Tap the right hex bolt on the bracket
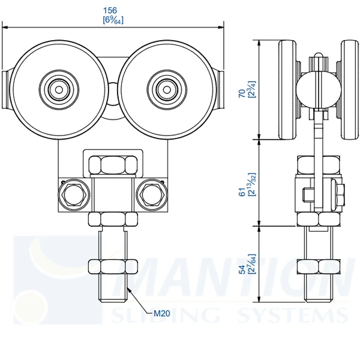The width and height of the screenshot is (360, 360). pyautogui.click(x=150, y=194)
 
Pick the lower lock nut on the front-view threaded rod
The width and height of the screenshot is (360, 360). pyautogui.click(x=112, y=266)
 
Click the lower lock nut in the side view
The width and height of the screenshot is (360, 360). pyautogui.click(x=318, y=266)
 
